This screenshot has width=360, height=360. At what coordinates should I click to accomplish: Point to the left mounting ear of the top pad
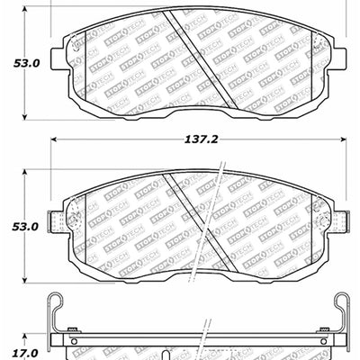pos(58,54)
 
